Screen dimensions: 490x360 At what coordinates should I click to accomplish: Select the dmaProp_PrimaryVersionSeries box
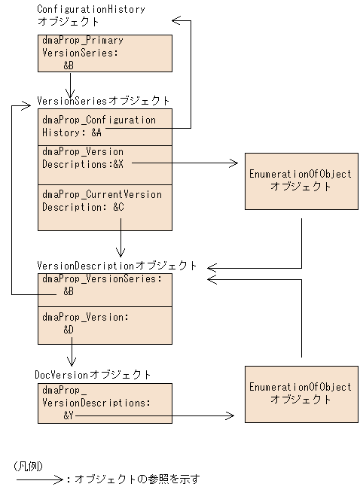coord(105,53)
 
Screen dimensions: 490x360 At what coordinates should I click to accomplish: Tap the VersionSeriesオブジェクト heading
coord(103,100)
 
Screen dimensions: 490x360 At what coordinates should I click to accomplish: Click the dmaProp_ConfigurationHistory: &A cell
coord(105,126)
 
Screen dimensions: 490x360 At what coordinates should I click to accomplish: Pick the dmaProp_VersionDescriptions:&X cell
coord(105,164)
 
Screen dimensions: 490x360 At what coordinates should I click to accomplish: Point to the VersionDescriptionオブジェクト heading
coord(117,266)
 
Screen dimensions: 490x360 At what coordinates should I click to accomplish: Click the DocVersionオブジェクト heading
coord(93,374)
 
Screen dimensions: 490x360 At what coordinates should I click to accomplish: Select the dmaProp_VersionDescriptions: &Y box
coord(105,403)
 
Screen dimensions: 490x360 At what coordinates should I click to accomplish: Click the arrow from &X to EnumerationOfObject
coord(185,162)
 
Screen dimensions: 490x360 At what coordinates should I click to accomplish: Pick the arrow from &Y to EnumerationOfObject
coord(154,415)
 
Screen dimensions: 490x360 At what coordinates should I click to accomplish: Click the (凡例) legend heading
coord(28,465)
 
